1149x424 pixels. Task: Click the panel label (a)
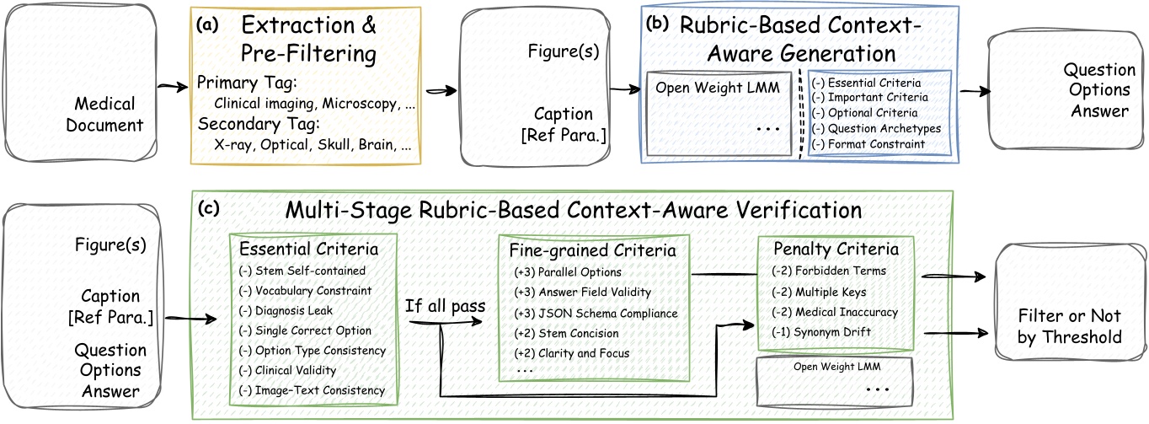point(206,26)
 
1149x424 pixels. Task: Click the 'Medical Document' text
point(104,115)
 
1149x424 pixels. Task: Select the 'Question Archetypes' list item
point(877,128)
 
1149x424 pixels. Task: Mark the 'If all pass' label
point(445,305)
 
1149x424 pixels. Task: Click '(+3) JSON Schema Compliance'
point(596,313)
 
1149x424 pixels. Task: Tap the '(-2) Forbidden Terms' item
point(828,271)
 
